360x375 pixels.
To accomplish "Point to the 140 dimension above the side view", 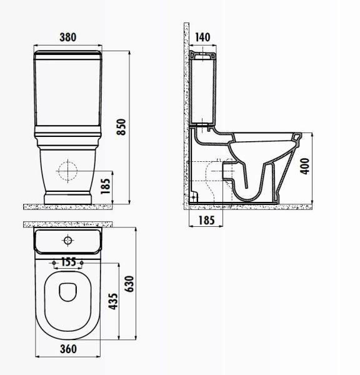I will pos(202,37).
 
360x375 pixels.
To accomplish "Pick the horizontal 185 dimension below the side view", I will pos(206,220).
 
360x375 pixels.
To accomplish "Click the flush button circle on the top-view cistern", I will pos(67,240).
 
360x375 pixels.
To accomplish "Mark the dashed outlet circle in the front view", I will pos(67,169).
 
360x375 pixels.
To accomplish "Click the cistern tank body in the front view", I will pos(67,87).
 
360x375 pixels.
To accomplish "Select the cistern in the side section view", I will pos(203,87).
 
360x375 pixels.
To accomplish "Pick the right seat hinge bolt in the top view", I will pos(82,261).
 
